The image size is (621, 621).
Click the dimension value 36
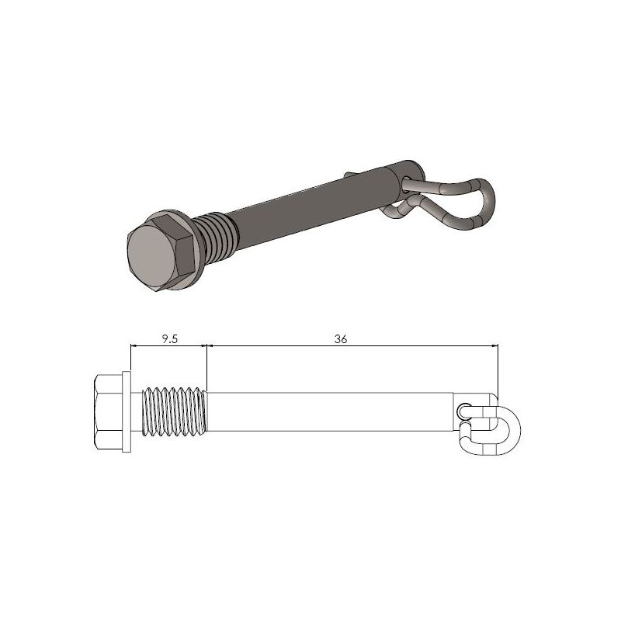coord(341,338)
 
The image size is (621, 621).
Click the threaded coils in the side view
coord(175,411)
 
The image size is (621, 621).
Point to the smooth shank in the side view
coord(326,411)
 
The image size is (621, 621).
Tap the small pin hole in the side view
coord(464,408)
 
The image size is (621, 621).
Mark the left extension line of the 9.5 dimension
coord(130,361)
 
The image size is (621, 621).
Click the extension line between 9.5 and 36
coord(207,365)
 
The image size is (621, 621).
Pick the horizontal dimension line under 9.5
coord(168,347)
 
